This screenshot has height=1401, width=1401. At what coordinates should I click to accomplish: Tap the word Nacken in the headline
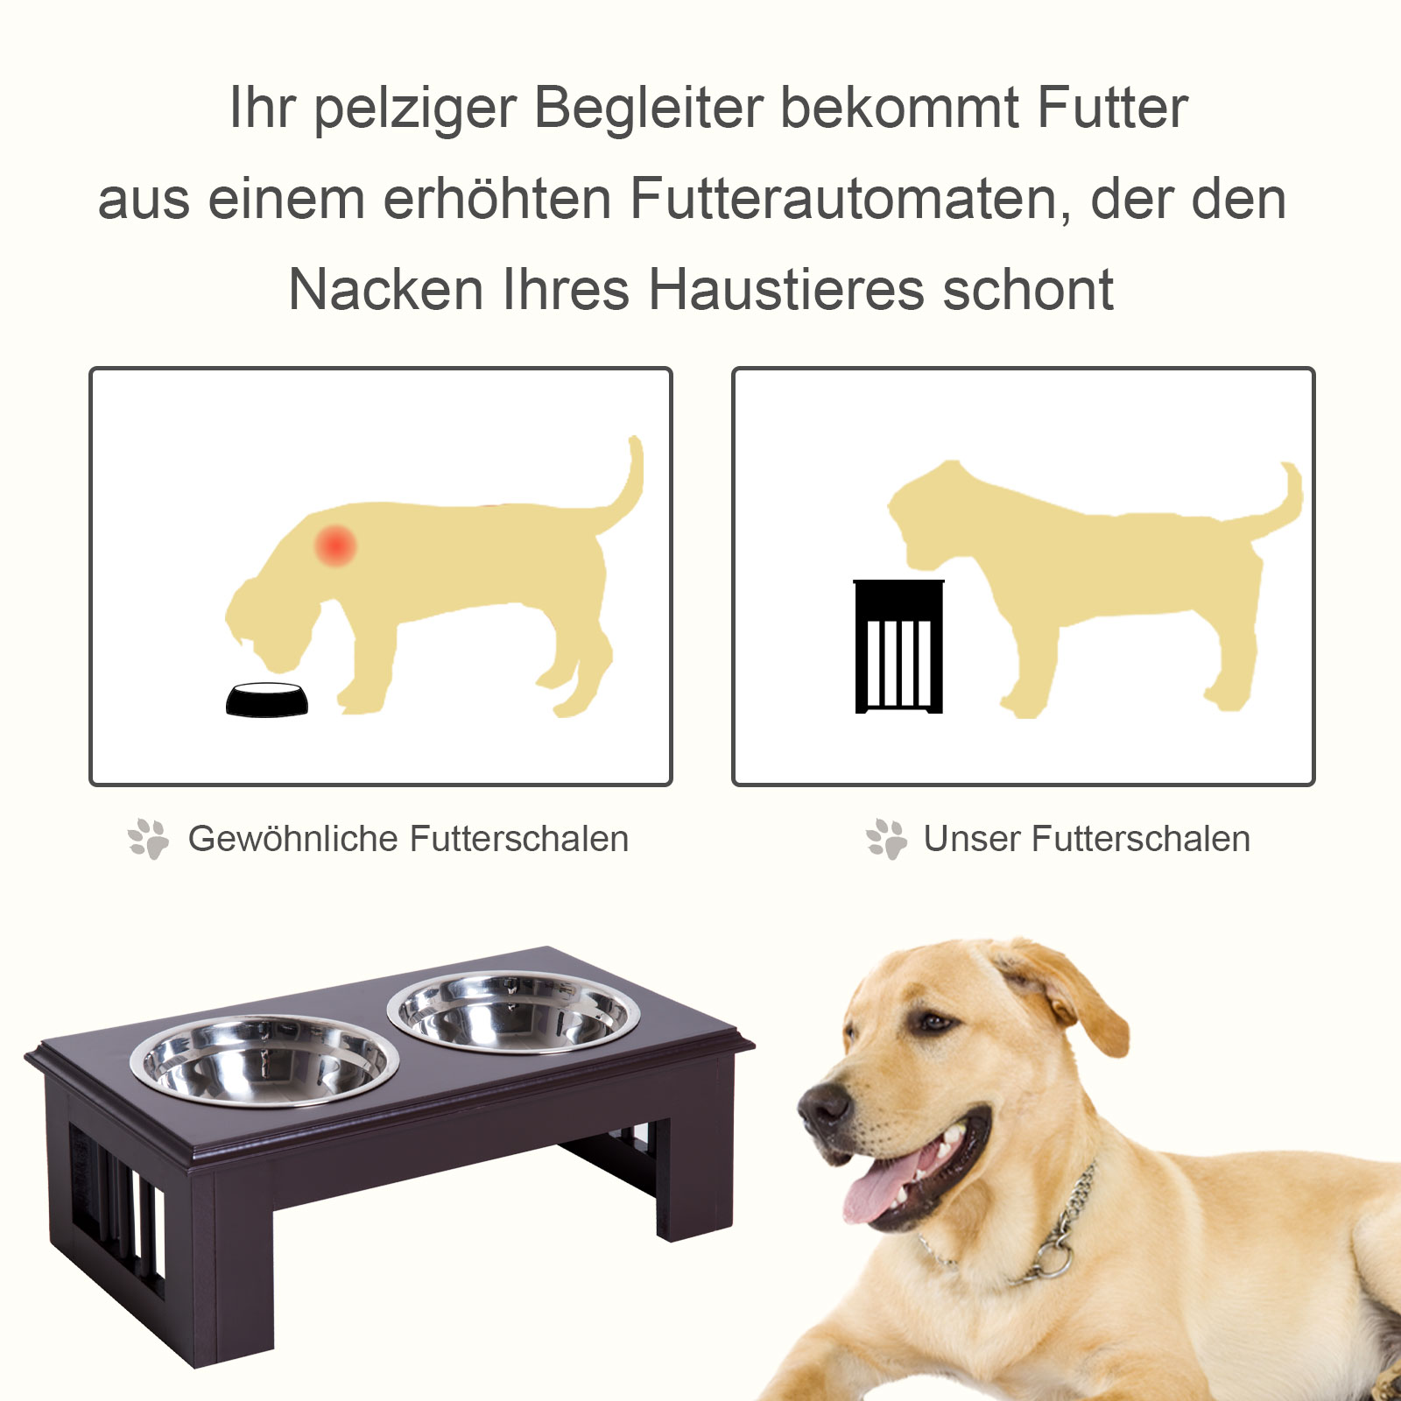(x=386, y=290)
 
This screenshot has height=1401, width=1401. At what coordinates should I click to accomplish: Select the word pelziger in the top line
(x=414, y=109)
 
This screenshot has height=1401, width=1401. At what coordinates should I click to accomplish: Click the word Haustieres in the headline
(x=785, y=290)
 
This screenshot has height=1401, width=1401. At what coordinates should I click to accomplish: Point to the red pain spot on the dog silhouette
(x=335, y=545)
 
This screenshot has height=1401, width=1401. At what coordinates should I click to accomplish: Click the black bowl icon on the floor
(x=267, y=700)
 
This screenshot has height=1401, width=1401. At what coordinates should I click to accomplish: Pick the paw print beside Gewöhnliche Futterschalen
(x=149, y=839)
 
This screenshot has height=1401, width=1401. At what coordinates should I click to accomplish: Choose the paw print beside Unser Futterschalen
(x=886, y=839)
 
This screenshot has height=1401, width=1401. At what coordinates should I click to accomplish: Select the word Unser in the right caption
(x=971, y=839)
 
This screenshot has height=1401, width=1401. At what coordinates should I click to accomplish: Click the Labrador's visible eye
(x=934, y=1021)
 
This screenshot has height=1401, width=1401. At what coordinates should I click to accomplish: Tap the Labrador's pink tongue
(x=880, y=1191)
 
